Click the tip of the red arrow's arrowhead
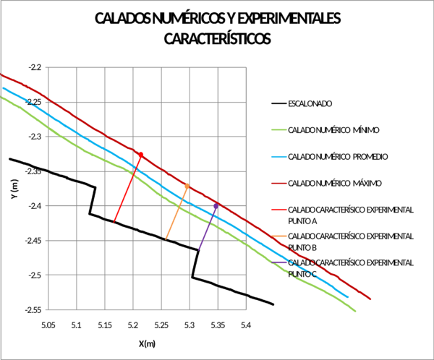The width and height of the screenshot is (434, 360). point(142,152)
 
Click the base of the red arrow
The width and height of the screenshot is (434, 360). point(114,222)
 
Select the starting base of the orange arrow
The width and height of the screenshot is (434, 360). point(166,239)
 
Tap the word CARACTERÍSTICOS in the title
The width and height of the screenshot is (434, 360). point(217,40)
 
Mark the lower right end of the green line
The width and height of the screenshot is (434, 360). point(357,311)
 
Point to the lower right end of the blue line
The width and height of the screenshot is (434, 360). point(349,296)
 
